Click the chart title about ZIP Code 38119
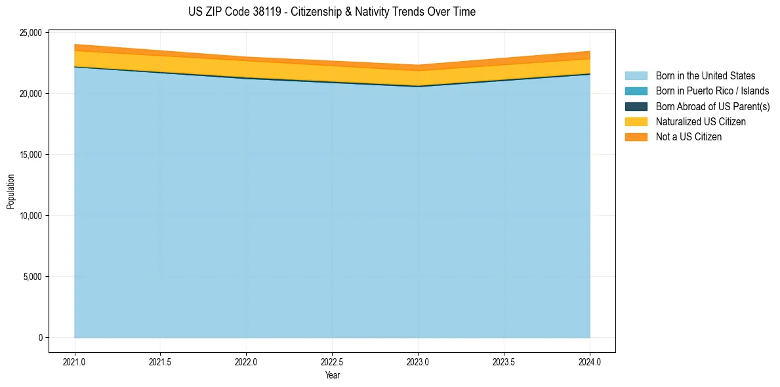click(332, 12)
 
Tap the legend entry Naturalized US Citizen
click(701, 121)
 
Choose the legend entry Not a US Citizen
click(688, 136)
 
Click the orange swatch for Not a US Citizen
click(636, 136)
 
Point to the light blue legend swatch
click(636, 76)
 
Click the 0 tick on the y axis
click(40, 338)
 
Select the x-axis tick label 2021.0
click(74, 361)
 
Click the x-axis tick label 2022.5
click(332, 361)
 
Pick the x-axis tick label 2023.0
click(418, 361)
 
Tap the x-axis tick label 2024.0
click(590, 361)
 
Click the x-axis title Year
click(332, 375)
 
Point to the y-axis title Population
click(10, 192)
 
